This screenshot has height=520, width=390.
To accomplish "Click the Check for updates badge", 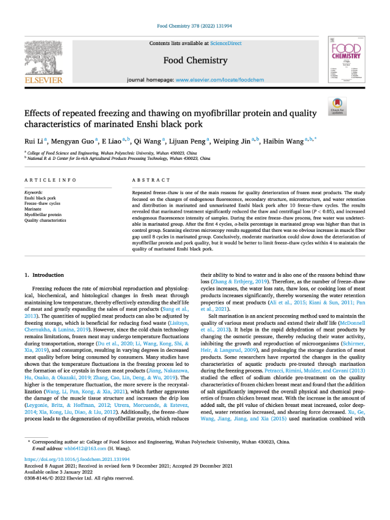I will pos(337,106).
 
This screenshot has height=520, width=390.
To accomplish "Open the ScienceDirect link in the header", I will pos(226,43).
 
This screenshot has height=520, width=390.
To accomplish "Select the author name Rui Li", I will pos(34,141).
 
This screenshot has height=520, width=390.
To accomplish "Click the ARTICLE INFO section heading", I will pos(51,180).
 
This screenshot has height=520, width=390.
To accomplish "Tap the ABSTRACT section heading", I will pos(151,180).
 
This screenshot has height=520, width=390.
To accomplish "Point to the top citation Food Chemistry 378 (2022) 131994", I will pos(195,26).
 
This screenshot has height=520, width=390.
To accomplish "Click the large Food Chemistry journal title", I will pos(195,60).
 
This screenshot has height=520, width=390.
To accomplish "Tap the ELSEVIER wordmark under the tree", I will pos(43,80).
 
